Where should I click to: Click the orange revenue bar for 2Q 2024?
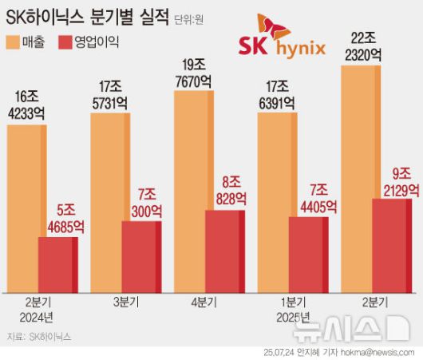click(x=24, y=208)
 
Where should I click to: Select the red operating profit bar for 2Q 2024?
click(x=57, y=264)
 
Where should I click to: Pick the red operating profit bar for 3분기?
click(x=140, y=256)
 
